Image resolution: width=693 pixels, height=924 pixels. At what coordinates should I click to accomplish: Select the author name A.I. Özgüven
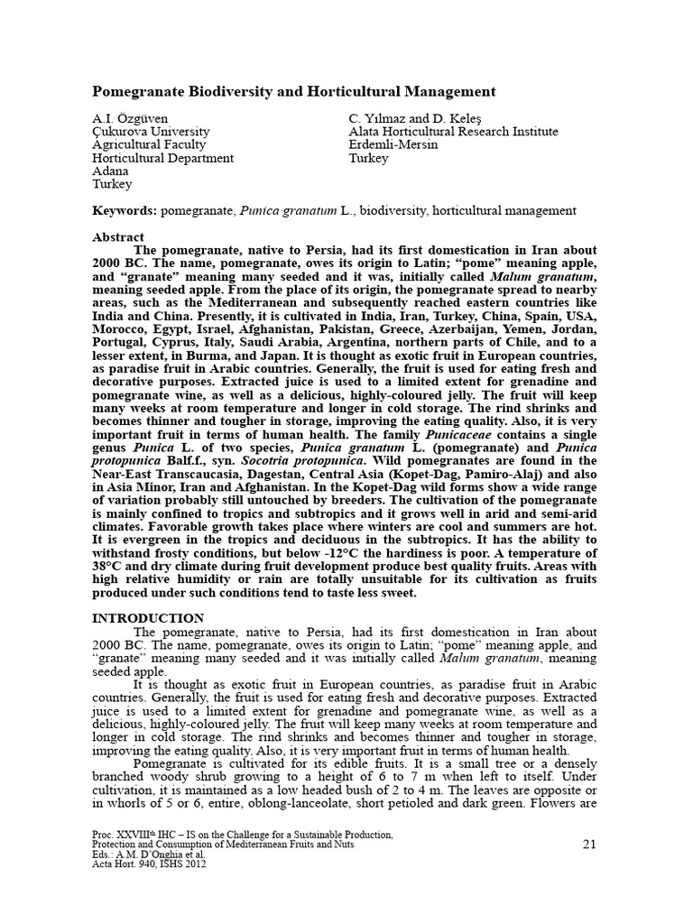(x=130, y=118)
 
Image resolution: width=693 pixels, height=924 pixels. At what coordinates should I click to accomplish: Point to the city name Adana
(x=111, y=171)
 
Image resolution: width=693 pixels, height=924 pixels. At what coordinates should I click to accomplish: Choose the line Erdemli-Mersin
(x=393, y=144)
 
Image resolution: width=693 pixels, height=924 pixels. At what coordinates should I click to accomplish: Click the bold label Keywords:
(x=125, y=210)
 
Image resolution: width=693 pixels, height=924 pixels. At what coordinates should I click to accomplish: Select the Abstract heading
(x=118, y=236)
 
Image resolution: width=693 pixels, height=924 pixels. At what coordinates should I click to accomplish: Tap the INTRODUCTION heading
(x=148, y=618)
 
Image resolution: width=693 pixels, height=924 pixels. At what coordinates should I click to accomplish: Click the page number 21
(x=590, y=845)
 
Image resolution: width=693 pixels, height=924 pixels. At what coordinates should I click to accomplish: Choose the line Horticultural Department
(x=163, y=158)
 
